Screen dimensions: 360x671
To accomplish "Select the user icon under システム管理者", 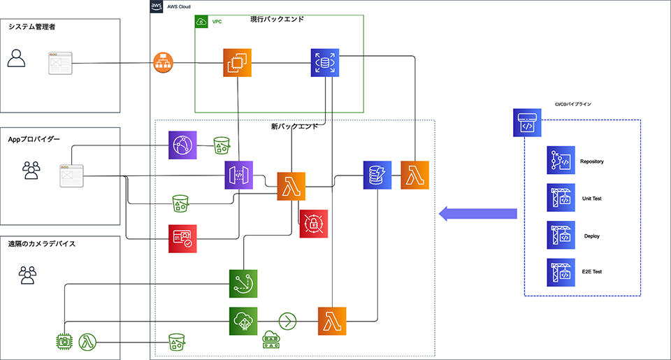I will (x=16, y=59).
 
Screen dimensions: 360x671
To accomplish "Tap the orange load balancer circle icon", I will (x=163, y=64).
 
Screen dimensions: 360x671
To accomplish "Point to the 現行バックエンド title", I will (x=277, y=20).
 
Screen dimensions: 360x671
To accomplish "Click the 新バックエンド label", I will (x=294, y=127).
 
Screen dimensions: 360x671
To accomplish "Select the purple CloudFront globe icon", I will (x=182, y=145).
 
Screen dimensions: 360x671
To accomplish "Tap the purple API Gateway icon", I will (x=238, y=175).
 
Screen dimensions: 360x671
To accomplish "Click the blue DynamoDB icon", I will (x=377, y=175).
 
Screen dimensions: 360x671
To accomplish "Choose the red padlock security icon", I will (x=314, y=224).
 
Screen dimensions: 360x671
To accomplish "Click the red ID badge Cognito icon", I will (x=182, y=238).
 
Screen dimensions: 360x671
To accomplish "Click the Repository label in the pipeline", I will (x=591, y=161).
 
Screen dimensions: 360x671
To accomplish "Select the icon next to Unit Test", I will (x=561, y=198).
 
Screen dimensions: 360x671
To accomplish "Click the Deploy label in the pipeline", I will (x=592, y=236).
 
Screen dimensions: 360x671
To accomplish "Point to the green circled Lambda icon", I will (x=89, y=342).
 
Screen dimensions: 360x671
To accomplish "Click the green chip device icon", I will (x=65, y=342).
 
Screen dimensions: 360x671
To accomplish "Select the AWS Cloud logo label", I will (x=157, y=6).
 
